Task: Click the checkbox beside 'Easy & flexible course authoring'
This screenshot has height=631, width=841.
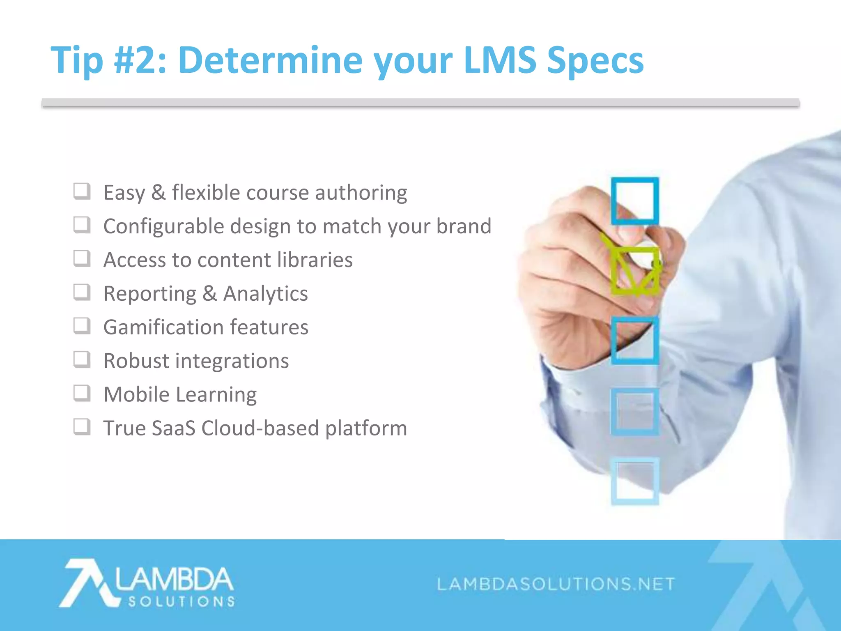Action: (x=82, y=191)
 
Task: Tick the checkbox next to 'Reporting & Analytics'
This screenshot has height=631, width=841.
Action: (x=82, y=292)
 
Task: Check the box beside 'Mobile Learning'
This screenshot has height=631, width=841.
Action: (x=82, y=394)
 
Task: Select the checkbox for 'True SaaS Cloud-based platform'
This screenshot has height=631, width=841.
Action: (x=82, y=427)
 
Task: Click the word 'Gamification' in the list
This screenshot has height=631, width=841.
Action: (x=163, y=327)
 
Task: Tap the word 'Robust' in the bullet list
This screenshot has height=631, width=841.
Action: (x=136, y=361)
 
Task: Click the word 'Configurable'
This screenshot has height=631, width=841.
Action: (x=163, y=226)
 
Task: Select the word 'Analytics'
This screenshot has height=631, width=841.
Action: (x=265, y=294)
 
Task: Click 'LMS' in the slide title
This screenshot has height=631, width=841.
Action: (x=500, y=60)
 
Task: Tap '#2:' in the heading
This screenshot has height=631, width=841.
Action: (x=140, y=60)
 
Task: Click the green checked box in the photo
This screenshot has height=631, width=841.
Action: (x=635, y=271)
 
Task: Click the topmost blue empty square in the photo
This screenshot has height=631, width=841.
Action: (x=635, y=201)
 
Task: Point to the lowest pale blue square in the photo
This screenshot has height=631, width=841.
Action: (x=635, y=481)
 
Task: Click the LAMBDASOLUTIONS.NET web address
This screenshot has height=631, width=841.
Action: (x=556, y=584)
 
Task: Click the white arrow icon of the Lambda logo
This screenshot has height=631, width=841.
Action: (x=86, y=583)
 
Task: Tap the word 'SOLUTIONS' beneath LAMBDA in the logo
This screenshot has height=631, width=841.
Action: (x=181, y=602)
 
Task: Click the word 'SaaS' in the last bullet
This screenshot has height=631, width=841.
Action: (x=173, y=428)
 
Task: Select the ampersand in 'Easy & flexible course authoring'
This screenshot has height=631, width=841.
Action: (x=159, y=193)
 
